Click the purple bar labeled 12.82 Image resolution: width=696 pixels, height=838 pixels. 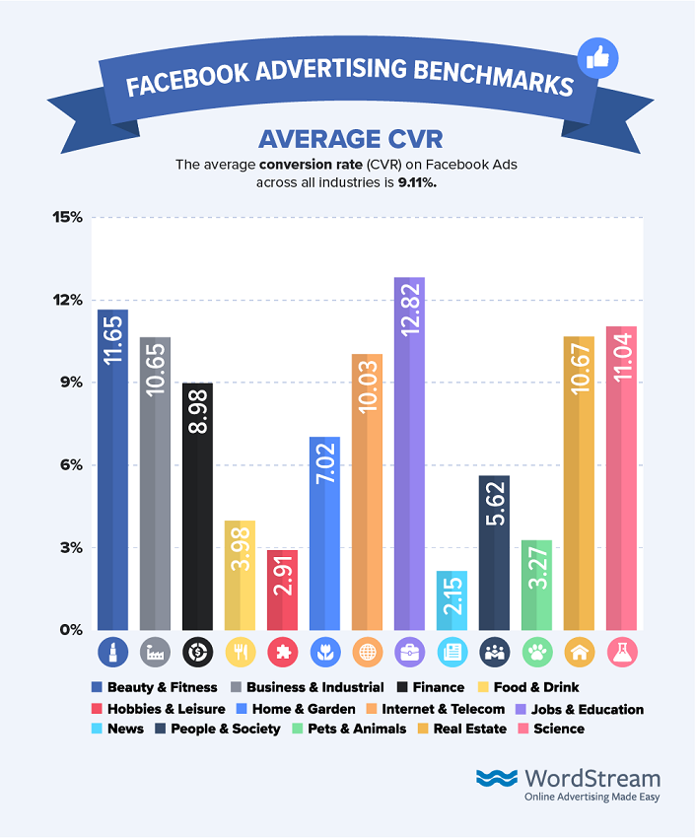point(409,454)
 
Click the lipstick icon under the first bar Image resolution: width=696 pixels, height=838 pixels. point(112,651)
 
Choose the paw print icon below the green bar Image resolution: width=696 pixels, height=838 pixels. point(536,651)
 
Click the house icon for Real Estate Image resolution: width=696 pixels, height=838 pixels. point(579,651)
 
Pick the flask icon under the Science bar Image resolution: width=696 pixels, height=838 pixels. point(621,651)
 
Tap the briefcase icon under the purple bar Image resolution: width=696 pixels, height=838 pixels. point(409,651)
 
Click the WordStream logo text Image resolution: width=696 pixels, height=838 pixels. point(592,778)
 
